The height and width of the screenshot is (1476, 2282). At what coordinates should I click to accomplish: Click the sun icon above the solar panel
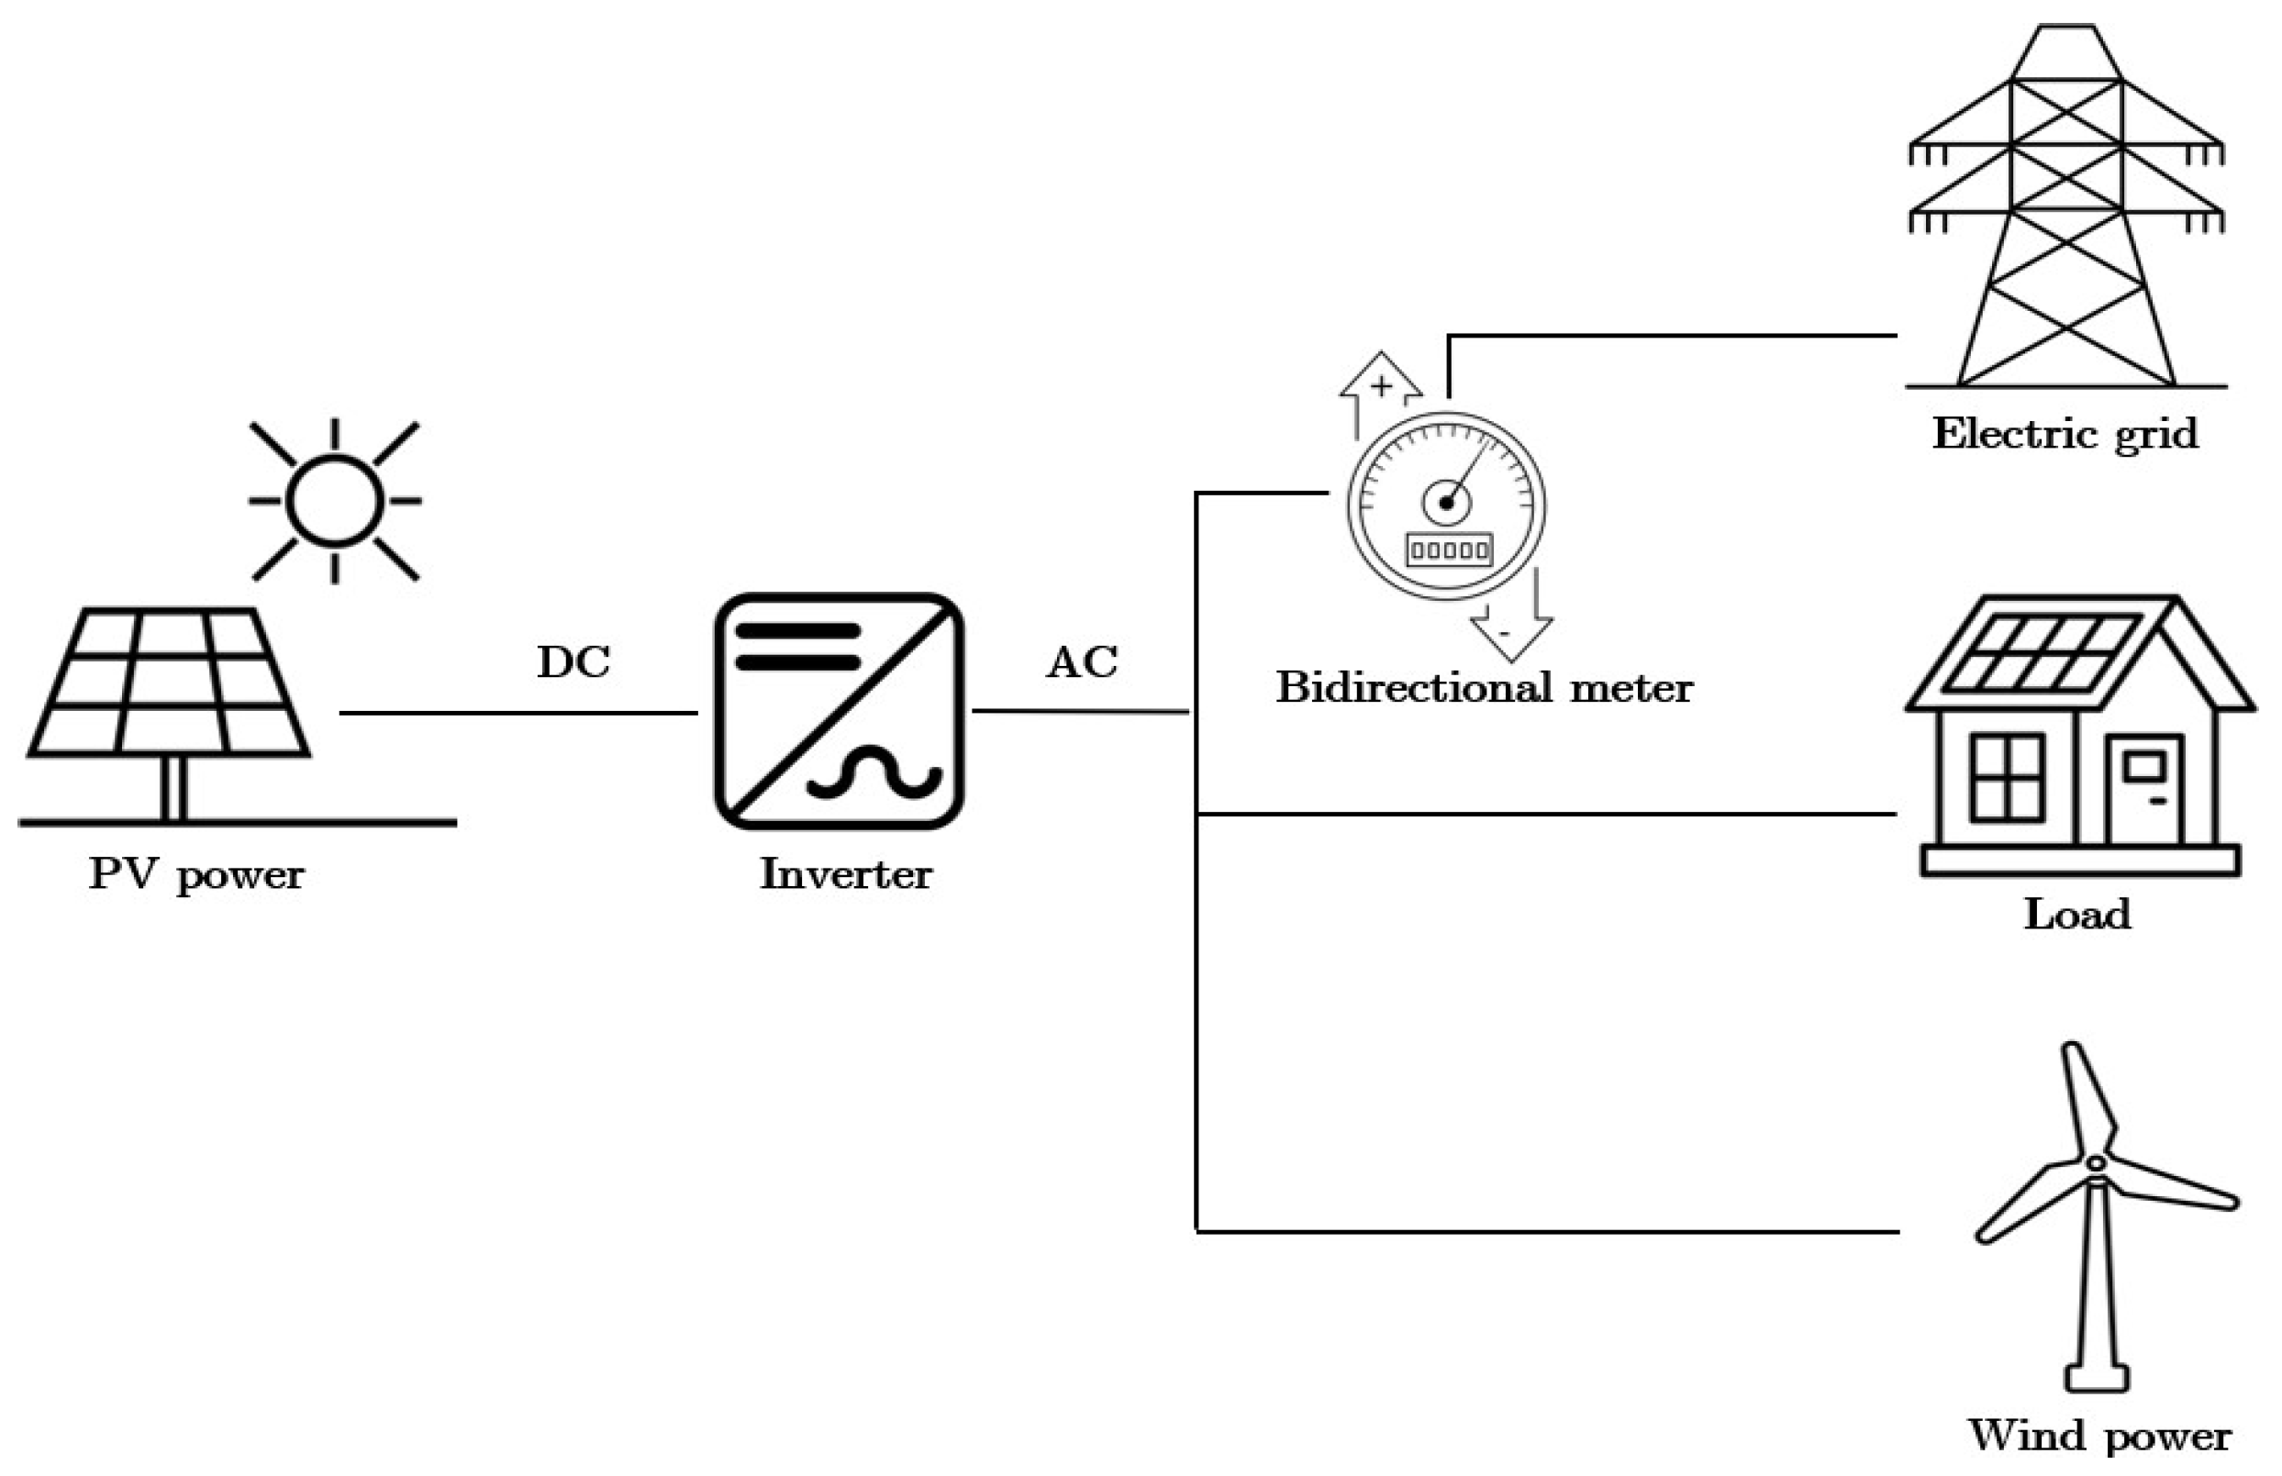[x=335, y=500]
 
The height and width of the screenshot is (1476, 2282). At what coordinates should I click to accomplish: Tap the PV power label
[x=196, y=875]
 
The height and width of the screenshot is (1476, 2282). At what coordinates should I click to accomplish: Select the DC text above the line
[x=573, y=662]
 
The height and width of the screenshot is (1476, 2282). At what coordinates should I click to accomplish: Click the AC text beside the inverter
[x=1082, y=662]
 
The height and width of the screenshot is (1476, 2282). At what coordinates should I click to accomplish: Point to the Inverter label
[x=845, y=874]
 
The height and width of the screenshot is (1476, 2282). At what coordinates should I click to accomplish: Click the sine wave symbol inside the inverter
[x=874, y=772]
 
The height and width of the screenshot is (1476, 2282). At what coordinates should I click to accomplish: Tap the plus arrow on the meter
[x=1380, y=388]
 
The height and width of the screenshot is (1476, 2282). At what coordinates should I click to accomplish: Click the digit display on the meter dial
[x=1448, y=550]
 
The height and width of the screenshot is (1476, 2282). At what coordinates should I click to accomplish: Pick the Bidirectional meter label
[x=1484, y=688]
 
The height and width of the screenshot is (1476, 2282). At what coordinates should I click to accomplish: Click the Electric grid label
[x=2065, y=434]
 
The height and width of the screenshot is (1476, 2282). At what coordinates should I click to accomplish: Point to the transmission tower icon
[x=2065, y=211]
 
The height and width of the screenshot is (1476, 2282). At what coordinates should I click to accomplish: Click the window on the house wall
[x=2007, y=777]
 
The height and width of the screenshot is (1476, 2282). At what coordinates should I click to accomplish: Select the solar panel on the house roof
[x=2043, y=653]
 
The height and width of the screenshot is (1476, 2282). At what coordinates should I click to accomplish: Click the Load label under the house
[x=2076, y=915]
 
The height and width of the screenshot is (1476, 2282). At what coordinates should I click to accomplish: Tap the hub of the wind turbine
[x=2095, y=1162]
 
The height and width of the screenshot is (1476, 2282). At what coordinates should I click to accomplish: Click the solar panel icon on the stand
[x=169, y=682]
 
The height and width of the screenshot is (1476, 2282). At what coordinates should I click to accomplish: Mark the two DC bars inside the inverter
[x=797, y=647]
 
